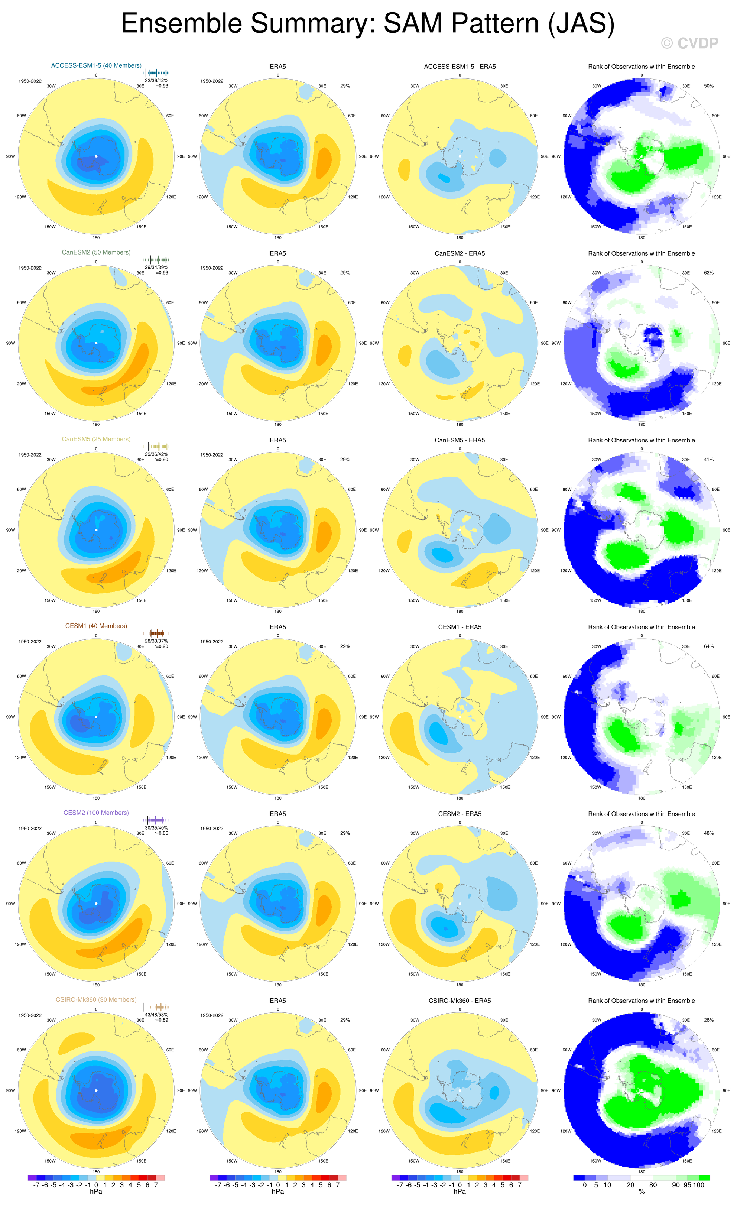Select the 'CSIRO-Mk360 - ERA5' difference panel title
460,1001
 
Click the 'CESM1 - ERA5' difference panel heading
460,628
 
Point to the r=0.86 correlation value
161,833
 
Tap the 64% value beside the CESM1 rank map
709,646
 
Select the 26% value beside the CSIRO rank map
709,1021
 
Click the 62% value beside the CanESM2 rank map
709,273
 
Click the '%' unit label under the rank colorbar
642,1192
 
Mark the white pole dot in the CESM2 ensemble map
97,904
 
